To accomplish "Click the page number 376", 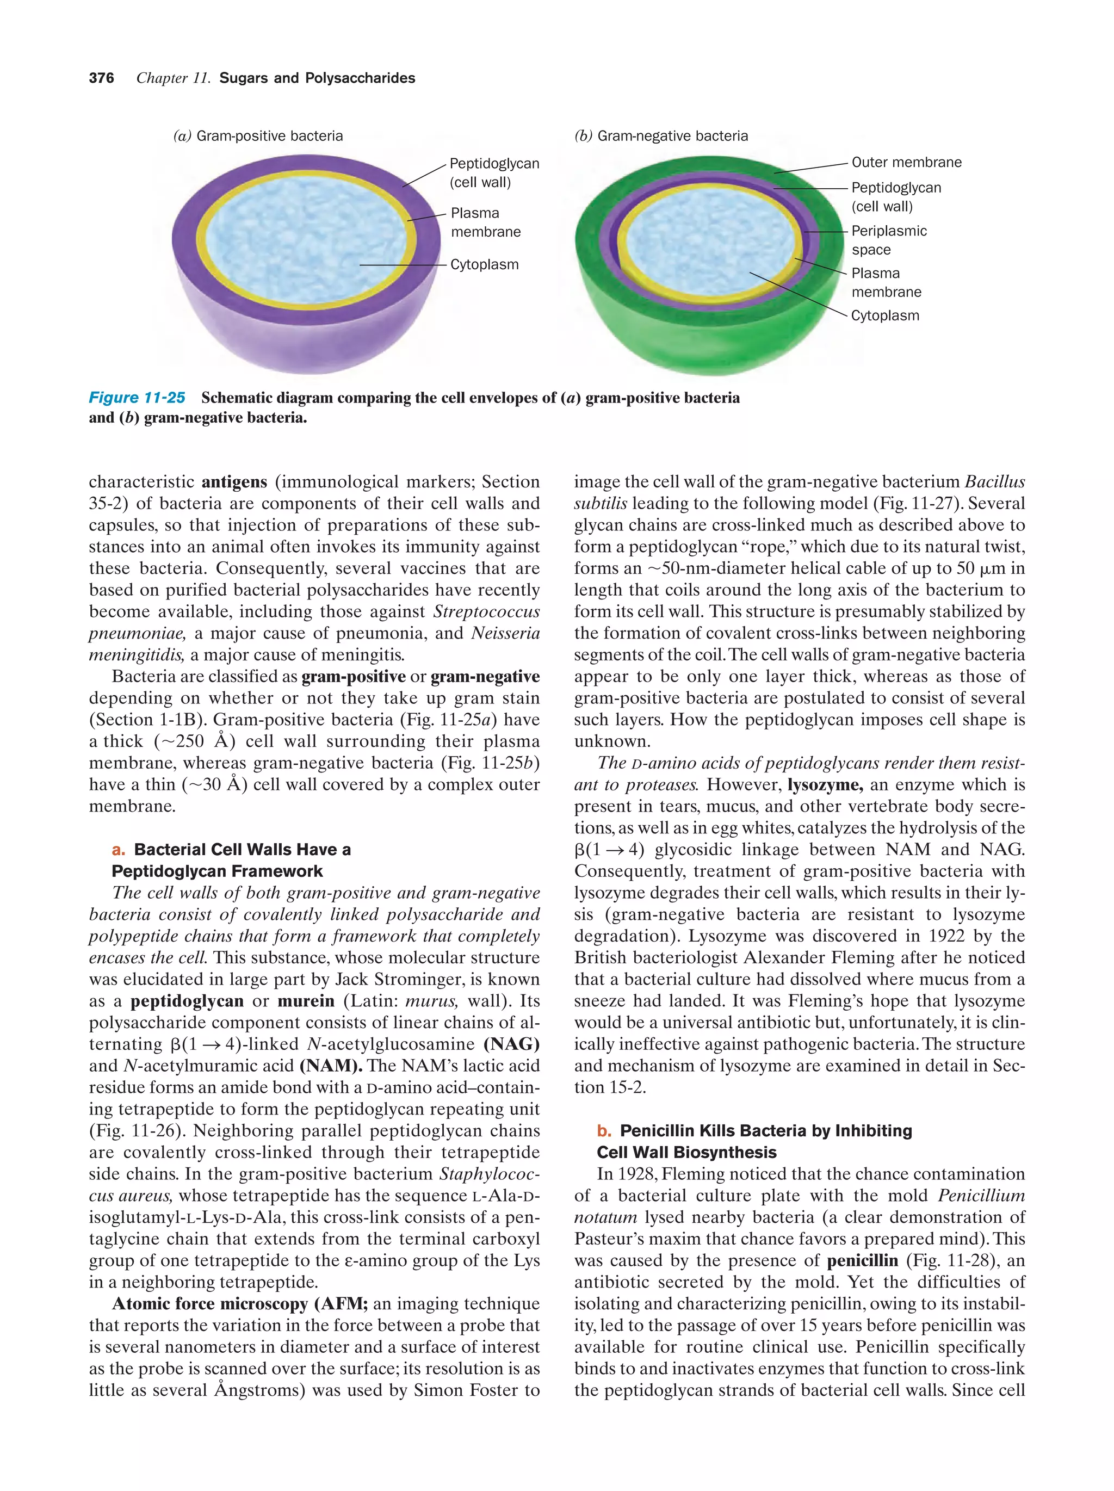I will [x=101, y=78].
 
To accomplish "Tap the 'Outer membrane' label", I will [x=906, y=163].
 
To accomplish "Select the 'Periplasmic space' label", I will [x=888, y=240].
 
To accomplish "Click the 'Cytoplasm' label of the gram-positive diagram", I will [x=484, y=265].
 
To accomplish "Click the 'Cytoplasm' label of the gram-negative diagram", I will [x=884, y=315].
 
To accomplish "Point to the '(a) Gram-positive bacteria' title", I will [x=258, y=136].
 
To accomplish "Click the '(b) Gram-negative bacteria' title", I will [x=661, y=136].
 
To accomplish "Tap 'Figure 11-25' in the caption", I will [x=137, y=398].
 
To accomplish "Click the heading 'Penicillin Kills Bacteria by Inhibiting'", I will [x=765, y=1130].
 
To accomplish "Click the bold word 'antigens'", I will [x=234, y=482].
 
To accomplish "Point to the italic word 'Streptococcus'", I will [x=486, y=612].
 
